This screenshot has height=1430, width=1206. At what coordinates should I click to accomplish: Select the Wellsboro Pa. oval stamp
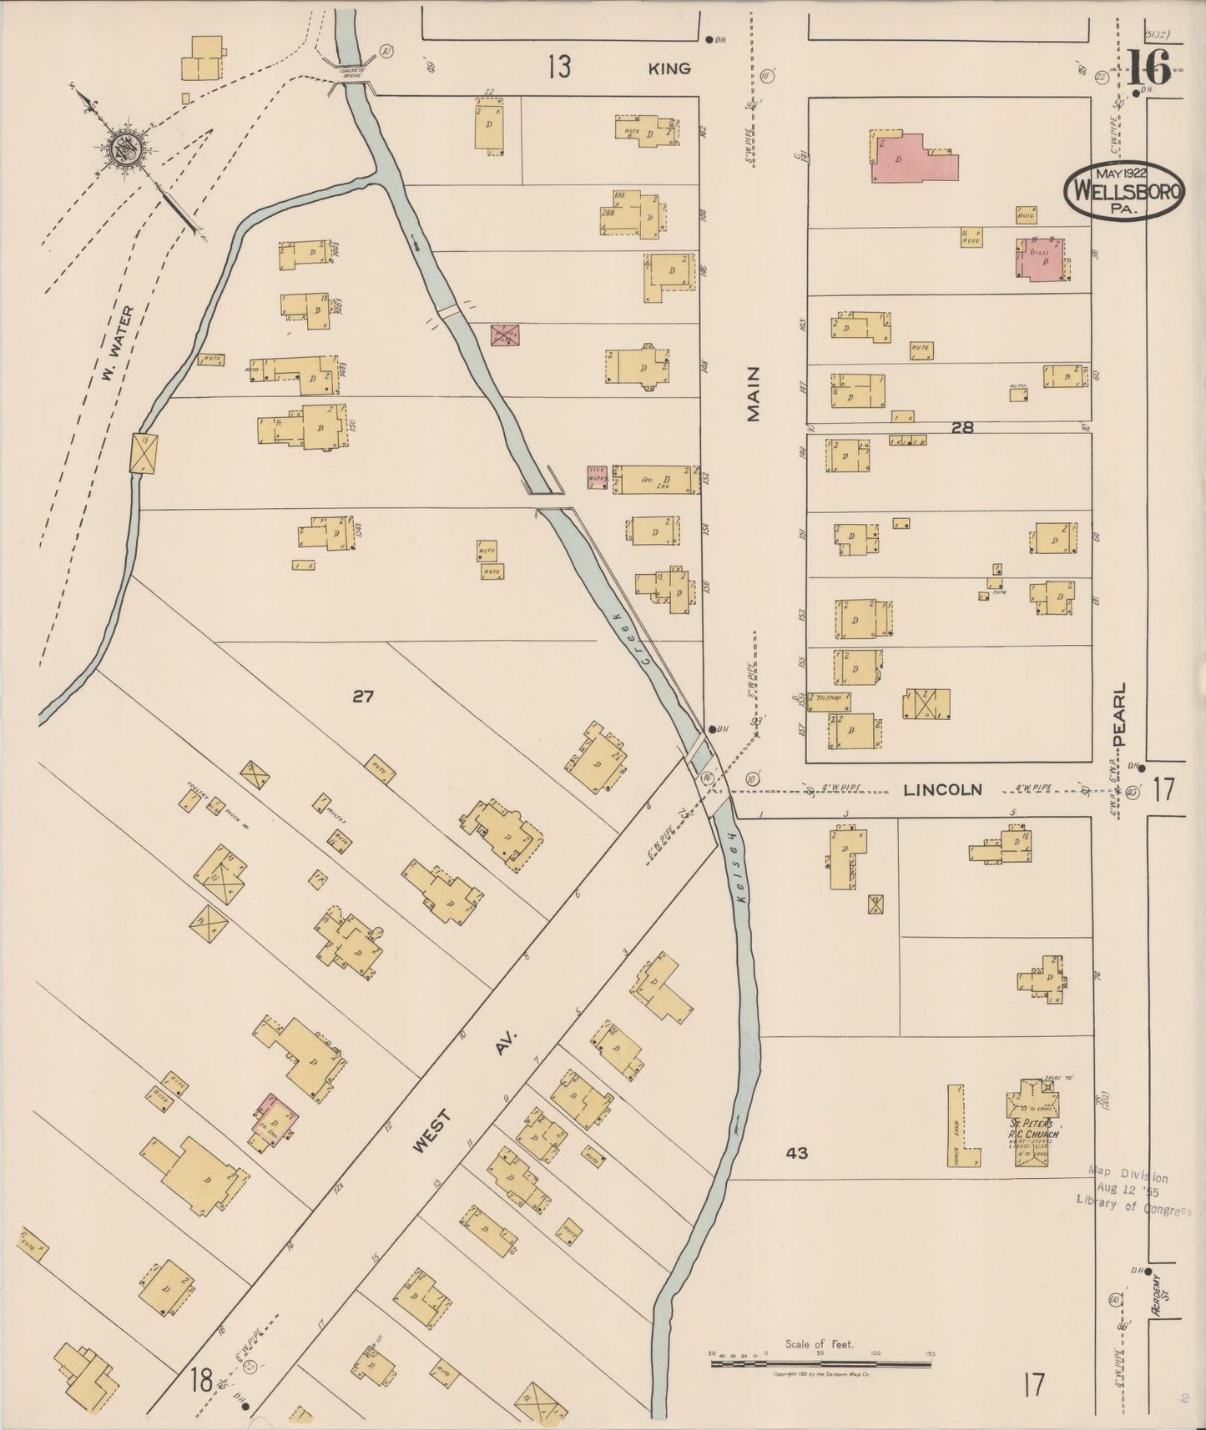pos(1123,190)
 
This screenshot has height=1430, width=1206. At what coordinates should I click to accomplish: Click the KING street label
pos(670,68)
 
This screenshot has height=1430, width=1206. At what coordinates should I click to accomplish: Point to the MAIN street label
pos(754,394)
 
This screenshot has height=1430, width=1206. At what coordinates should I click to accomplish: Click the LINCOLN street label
pos(943,789)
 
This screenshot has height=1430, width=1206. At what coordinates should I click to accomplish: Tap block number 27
pos(362,696)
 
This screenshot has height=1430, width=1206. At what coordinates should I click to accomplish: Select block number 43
pos(797,1153)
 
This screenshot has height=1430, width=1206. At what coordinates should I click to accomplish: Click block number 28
pos(962,427)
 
